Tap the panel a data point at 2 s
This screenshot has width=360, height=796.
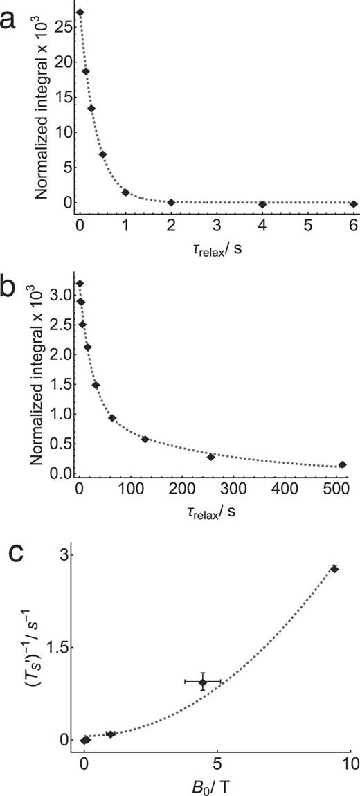coord(171,202)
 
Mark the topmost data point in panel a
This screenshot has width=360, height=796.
coord(80,12)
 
